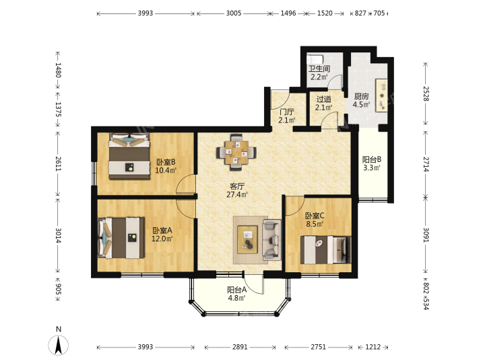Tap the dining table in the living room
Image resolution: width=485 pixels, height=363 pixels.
(x=236, y=153)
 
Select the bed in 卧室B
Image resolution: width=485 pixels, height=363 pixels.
(x=129, y=156)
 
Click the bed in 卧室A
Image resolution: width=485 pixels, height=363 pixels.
(x=121, y=238)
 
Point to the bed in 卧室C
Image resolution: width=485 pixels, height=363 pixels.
(x=326, y=250)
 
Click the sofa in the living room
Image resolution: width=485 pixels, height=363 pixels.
(x=271, y=239)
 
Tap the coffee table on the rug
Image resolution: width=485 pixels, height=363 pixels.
(x=247, y=240)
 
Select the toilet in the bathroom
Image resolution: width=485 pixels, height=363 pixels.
(x=315, y=58)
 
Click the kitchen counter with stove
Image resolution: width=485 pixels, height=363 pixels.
(x=381, y=95)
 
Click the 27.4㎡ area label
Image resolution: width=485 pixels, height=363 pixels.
(x=237, y=195)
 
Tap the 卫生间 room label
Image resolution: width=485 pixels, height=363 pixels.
(x=319, y=69)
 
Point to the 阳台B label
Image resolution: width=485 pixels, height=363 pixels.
(x=372, y=159)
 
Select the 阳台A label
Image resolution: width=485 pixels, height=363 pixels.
(x=237, y=290)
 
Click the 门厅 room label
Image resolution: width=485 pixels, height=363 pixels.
(x=286, y=112)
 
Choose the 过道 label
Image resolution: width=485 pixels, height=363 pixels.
(x=324, y=99)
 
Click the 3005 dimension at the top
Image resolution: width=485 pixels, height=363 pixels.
(x=234, y=13)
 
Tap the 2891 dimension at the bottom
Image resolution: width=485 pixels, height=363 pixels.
(x=240, y=347)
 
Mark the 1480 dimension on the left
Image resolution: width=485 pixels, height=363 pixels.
(x=58, y=70)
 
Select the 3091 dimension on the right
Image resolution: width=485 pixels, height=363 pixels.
(x=426, y=235)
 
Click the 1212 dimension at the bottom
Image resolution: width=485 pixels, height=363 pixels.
(x=373, y=347)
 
